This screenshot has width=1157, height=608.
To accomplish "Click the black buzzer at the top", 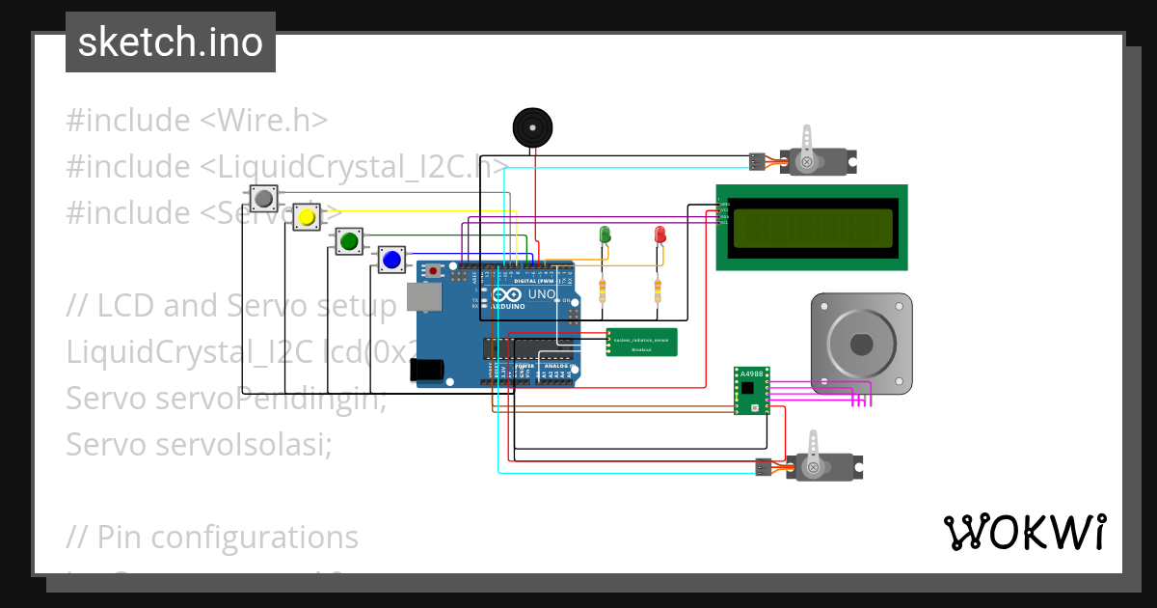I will (x=530, y=127).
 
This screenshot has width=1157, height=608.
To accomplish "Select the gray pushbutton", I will (x=263, y=199).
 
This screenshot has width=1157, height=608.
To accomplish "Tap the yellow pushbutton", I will (x=307, y=217).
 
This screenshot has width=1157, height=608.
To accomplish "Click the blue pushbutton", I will (x=391, y=259).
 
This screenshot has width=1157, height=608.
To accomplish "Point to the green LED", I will (x=605, y=235).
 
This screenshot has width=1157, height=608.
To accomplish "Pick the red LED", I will (x=660, y=235).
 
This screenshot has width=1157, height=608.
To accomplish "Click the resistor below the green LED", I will (x=604, y=290).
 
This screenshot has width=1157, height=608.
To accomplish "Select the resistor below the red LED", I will (x=659, y=290).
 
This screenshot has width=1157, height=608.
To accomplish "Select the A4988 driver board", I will (x=749, y=390).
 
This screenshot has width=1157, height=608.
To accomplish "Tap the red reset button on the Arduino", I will (x=434, y=271).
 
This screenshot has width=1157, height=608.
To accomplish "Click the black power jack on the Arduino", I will (x=426, y=370).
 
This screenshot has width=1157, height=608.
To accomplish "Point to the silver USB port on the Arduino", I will (x=420, y=298).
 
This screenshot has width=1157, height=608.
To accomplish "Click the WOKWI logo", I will (x=1024, y=532).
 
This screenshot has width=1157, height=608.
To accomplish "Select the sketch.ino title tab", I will (x=171, y=42).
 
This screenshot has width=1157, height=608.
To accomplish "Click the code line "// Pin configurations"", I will (x=212, y=537).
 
